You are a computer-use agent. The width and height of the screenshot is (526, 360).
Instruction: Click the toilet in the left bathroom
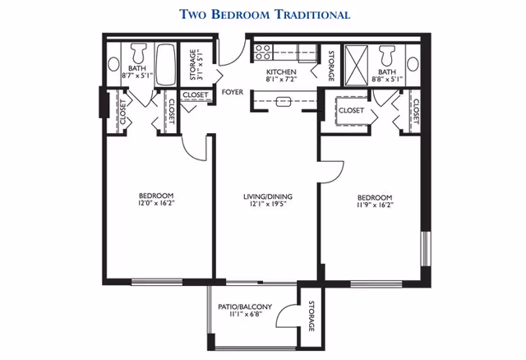pos(139,53)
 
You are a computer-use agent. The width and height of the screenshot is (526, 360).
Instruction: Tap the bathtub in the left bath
pos(166,64)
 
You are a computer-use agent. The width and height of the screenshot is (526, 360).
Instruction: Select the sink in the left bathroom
pos(113,64)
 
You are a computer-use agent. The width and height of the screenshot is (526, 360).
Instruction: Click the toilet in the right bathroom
pos(387,55)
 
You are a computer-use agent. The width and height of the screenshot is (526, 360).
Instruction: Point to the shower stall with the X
pos(356,66)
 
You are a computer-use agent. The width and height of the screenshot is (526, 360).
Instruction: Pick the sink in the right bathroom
pos(413,64)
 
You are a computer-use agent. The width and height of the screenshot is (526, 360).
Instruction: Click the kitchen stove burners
pos(263,53)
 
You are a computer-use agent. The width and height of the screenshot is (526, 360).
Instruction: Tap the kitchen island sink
pos(283,101)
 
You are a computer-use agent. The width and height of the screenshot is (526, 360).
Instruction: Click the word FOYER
pos(233,92)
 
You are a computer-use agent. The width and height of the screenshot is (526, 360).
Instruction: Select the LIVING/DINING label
pos(268,196)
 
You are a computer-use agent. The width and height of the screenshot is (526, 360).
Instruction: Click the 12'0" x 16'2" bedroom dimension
pos(157,203)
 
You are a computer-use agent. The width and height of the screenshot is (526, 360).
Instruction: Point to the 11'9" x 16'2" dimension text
pos(375,205)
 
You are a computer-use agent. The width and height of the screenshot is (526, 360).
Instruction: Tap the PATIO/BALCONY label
pos(245,307)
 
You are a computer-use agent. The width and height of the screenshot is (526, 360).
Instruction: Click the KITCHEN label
pos(281,72)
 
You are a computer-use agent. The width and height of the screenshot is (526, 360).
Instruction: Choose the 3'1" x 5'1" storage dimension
pos(200,65)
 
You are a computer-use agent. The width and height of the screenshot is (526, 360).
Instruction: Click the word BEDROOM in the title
pos(241,15)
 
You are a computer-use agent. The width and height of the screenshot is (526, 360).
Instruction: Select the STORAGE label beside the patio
pos(311,316)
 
